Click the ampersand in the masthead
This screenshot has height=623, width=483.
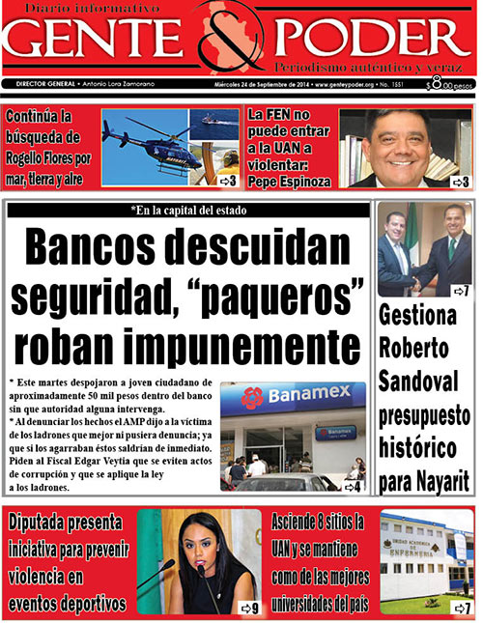click(237, 43)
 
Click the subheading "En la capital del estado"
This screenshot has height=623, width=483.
click(188, 211)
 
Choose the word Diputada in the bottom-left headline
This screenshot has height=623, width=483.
click(48, 524)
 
